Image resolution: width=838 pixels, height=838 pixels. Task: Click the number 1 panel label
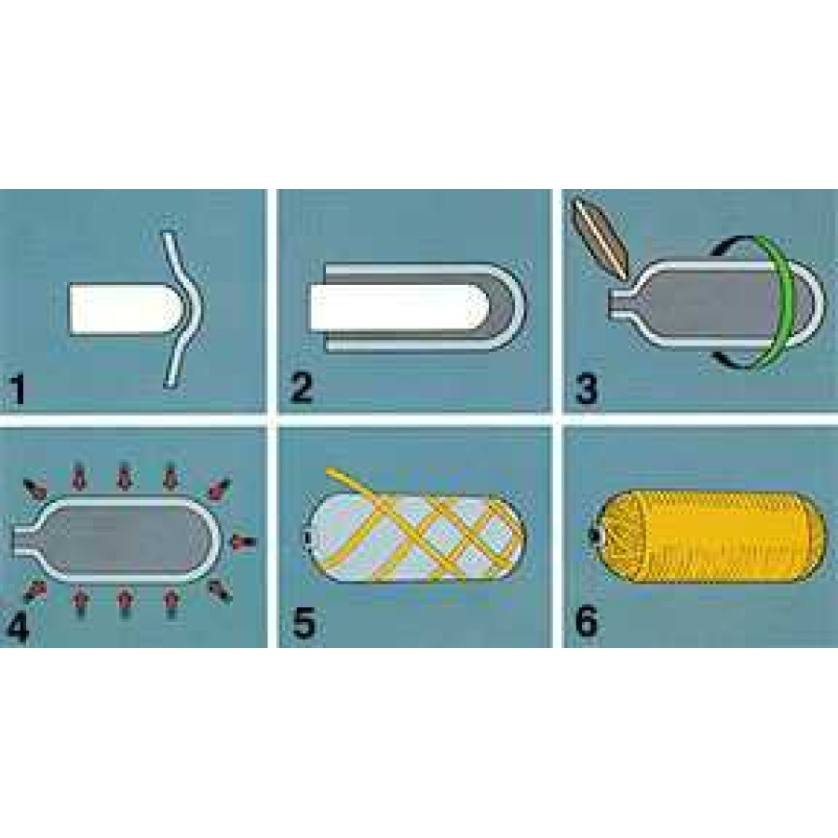19,389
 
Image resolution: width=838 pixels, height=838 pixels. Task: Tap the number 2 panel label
302,387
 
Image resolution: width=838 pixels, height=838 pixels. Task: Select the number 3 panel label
587,387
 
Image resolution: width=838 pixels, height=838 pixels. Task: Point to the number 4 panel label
17,628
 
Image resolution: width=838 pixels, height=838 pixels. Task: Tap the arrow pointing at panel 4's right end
244,542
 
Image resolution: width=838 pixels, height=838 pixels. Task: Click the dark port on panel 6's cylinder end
593,534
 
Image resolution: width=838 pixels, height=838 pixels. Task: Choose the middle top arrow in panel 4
125,476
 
